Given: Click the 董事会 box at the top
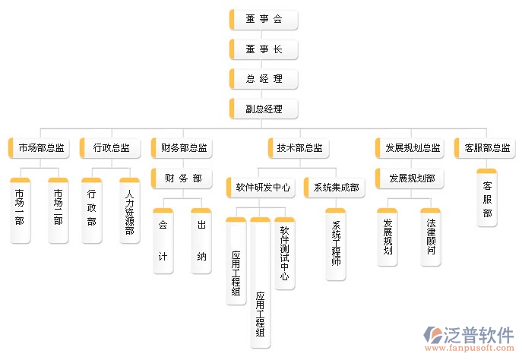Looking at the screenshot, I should [x=264, y=20].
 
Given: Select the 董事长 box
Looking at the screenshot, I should [x=264, y=49].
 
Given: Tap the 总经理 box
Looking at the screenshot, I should [x=264, y=79].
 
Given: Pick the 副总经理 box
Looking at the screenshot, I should [x=264, y=109].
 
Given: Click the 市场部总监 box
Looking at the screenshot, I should [x=40, y=147].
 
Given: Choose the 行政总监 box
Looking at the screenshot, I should [x=110, y=147].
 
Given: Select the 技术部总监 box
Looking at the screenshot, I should [x=299, y=147].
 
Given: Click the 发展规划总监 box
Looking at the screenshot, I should [x=411, y=147].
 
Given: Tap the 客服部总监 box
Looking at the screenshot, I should [x=487, y=147].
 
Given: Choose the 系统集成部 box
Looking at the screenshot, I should [x=334, y=186].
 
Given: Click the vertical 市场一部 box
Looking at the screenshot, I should [x=20, y=211].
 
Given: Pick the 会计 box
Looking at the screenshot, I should [x=163, y=241].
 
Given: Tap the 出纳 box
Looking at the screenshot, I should [x=201, y=241].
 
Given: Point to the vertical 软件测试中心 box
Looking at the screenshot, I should [x=284, y=253].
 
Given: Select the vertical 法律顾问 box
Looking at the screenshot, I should [x=431, y=237].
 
